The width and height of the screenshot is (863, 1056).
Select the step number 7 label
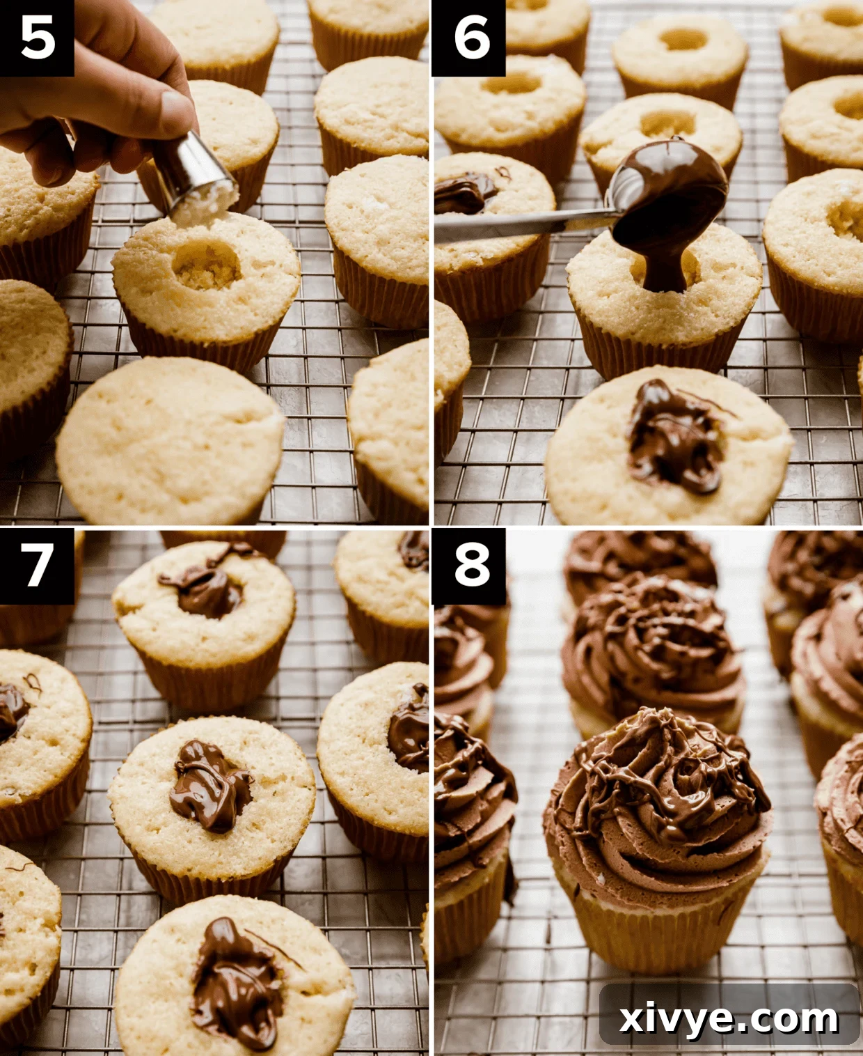point(37,565)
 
